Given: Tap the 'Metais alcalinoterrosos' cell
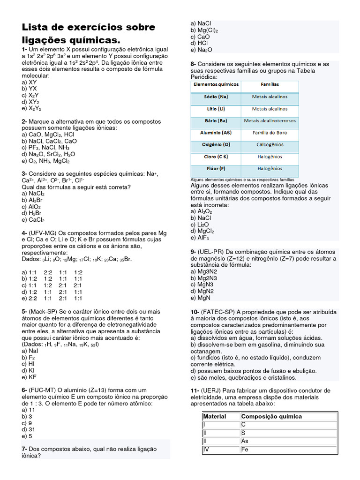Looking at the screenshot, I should pyautogui.click(x=270, y=120).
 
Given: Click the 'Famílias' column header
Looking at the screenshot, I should pyautogui.click(x=270, y=84).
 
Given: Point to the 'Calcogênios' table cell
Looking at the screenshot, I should pyautogui.click(x=270, y=145).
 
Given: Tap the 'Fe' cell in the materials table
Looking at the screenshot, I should pyautogui.click(x=245, y=450).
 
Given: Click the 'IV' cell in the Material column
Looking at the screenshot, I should pyautogui.click(x=206, y=450).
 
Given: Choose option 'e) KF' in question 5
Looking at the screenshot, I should pyautogui.click(x=29, y=377).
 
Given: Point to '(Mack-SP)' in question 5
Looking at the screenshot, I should pyautogui.click(x=45, y=311).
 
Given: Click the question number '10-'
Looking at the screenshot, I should pyautogui.click(x=195, y=312).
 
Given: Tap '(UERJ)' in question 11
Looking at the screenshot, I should pyautogui.click(x=210, y=390).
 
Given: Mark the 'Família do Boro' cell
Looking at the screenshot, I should pyautogui.click(x=270, y=133).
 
